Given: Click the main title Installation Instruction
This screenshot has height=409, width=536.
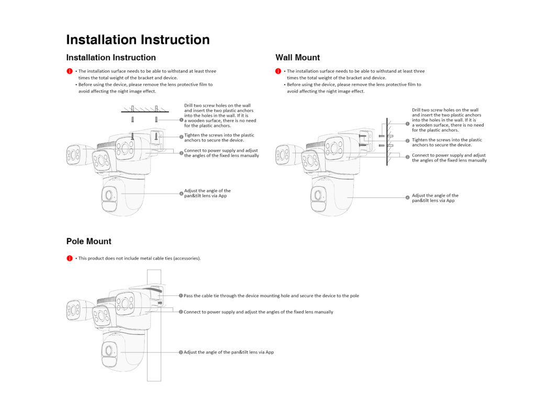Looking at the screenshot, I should (x=138, y=40).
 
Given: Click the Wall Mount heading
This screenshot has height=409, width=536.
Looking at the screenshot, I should (x=297, y=58).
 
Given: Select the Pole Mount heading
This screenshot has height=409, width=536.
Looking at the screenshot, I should (x=88, y=241).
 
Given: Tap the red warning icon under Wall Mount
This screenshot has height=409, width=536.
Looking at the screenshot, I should (x=278, y=71).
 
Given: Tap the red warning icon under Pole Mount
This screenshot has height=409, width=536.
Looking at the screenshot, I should (x=69, y=258).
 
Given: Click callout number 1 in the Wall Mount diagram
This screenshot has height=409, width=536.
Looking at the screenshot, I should (x=407, y=124).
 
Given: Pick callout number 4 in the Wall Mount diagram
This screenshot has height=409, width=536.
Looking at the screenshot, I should (x=407, y=197).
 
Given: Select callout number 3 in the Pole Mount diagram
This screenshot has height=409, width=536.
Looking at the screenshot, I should (x=181, y=352).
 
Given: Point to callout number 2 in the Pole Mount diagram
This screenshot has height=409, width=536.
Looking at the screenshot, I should (x=181, y=312).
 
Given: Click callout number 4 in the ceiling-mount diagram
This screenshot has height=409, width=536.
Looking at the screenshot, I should (x=181, y=193).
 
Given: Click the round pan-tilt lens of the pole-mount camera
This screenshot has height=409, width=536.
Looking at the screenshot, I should (x=109, y=350).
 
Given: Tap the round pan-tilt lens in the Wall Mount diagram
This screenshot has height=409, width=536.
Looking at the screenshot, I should (x=318, y=195).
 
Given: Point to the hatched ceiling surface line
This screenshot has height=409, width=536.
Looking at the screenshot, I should (x=145, y=111).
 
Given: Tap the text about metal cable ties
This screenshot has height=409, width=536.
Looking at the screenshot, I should (x=139, y=258).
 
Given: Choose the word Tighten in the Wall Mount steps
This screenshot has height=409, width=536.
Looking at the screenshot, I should (x=420, y=140).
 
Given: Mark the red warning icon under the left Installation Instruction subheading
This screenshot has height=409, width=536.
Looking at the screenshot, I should (x=69, y=71).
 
